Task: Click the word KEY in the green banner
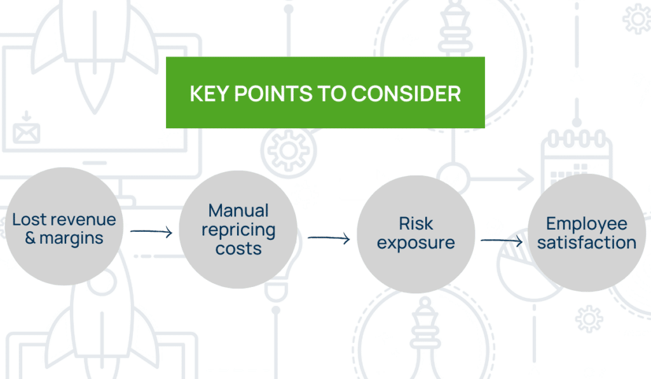click(x=209, y=94)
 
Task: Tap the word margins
click(x=71, y=239)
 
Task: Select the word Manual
click(x=238, y=210)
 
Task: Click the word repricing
click(x=238, y=229)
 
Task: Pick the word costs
click(x=238, y=248)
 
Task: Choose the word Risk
click(x=416, y=223)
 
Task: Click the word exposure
click(x=416, y=243)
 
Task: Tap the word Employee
click(x=586, y=223)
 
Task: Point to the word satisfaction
click(x=586, y=243)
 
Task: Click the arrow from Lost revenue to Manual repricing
click(x=151, y=232)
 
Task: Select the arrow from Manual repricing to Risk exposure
click(x=329, y=239)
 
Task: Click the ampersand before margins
click(x=29, y=239)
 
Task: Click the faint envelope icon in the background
click(x=26, y=131)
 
